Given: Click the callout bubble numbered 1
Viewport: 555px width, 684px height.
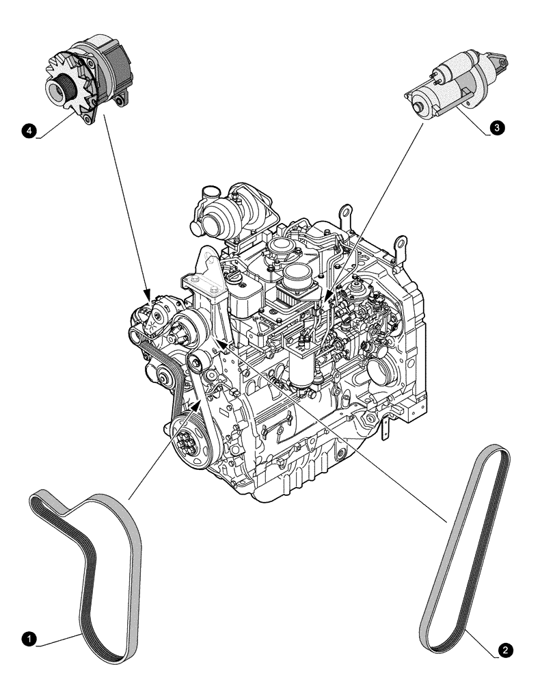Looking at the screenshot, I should click(x=28, y=639).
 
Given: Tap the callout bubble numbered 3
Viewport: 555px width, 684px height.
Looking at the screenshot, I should click(x=498, y=128).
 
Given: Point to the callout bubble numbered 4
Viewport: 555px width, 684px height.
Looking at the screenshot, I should click(x=29, y=129).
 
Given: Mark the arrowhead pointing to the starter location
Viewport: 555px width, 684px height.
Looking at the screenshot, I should click(x=329, y=295).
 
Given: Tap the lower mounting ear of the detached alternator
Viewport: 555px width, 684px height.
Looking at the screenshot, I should click(x=87, y=121).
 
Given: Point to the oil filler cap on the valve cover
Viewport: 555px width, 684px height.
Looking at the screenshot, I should click(x=234, y=280).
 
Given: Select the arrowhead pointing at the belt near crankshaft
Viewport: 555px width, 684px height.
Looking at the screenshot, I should click(x=199, y=404).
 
